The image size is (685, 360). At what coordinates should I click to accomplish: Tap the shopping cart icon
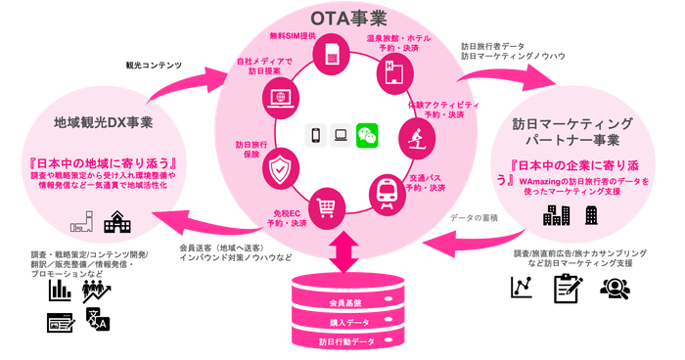click(327, 206)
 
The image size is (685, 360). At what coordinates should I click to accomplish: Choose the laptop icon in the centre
click(342, 134)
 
